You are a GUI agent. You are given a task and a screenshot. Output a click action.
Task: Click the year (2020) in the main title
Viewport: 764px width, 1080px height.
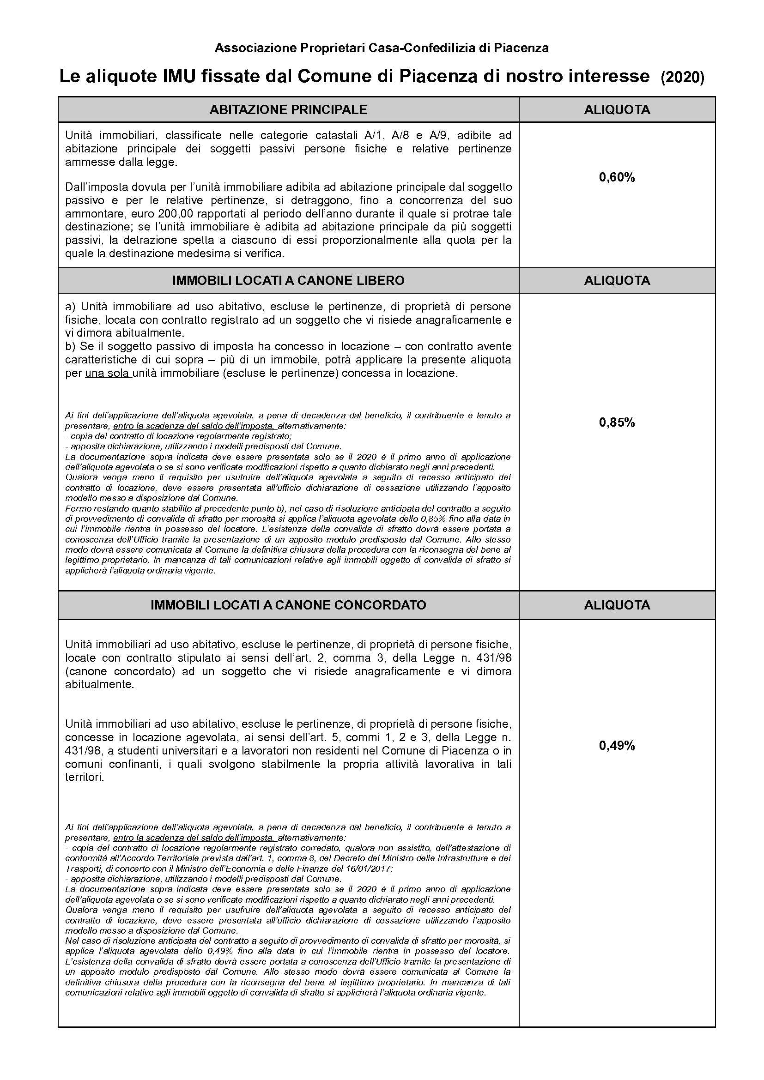pos(682,77)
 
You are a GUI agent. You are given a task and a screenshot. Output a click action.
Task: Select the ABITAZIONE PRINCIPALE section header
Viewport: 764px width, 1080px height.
pos(288,109)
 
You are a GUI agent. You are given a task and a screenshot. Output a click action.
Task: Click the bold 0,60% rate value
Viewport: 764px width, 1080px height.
pos(617,177)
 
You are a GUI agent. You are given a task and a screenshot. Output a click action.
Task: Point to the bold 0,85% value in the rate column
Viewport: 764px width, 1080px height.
pos(617,422)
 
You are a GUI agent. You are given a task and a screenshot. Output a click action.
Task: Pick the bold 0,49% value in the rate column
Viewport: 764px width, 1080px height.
pos(617,746)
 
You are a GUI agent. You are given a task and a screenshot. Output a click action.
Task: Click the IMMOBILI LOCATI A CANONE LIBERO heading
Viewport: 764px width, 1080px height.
pos(288,280)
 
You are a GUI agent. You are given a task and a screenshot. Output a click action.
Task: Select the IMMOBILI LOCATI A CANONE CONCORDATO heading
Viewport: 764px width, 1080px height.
pos(288,605)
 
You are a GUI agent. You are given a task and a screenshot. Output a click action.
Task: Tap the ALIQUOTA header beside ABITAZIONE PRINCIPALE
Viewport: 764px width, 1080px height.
pos(617,109)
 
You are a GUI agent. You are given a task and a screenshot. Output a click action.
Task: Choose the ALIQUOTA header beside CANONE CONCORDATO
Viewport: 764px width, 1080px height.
pos(617,605)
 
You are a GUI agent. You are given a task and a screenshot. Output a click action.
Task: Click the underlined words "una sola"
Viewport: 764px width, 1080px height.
pos(107,374)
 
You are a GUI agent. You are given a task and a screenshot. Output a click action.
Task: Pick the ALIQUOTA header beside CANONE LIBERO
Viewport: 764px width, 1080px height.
pos(617,280)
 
